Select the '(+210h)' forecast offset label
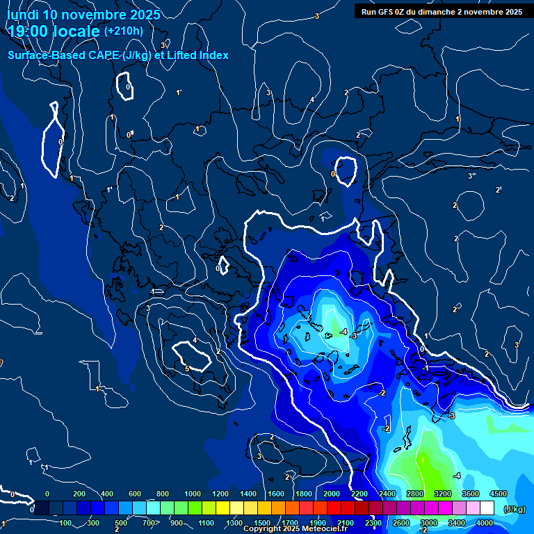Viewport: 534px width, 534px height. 124,31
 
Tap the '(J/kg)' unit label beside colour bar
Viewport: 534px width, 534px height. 514,510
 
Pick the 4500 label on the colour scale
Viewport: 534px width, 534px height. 498,494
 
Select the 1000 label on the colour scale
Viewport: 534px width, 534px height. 193,494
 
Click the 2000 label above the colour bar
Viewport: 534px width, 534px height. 331,494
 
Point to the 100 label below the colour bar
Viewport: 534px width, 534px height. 66,523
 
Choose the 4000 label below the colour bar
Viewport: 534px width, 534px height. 485,523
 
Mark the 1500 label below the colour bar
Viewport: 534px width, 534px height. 262,523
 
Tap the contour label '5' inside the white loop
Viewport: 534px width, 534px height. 187,369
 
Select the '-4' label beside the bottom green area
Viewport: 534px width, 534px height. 456,476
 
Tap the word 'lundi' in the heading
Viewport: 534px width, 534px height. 23,15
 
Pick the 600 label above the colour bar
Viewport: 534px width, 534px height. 134,494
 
